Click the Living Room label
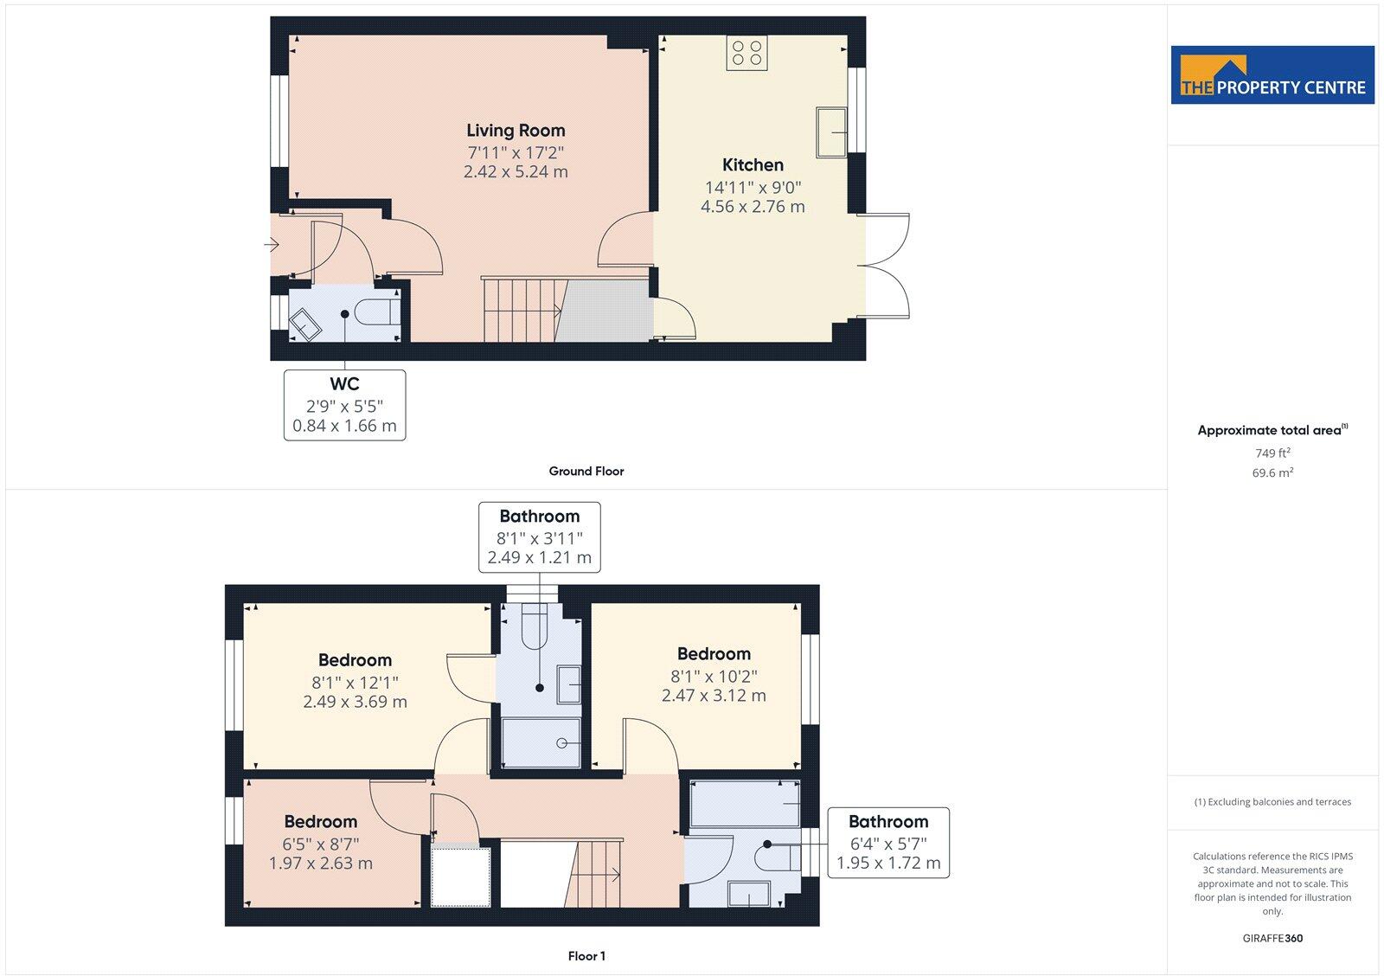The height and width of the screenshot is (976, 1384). coord(516,131)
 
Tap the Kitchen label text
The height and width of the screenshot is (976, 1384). coord(753,165)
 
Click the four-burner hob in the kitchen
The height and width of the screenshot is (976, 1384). coord(746,53)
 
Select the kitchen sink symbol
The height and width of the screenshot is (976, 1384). coord(831,132)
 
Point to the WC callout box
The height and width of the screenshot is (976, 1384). coord(344,405)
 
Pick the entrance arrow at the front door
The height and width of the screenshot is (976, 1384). coord(272,246)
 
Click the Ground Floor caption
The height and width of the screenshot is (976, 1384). coord(586,472)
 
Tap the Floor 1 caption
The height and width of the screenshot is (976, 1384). coord(586,956)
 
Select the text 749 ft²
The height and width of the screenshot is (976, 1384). coord(1272,453)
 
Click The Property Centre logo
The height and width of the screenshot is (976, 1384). coord(1272,75)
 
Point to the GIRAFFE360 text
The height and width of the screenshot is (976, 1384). coord(1272,938)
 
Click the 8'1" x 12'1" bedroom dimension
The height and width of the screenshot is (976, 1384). coord(355,682)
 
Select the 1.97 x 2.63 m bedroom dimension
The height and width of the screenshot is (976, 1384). coord(320,864)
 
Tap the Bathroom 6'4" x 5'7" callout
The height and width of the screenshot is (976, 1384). coord(887,843)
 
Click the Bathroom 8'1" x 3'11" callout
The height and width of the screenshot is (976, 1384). coord(539,537)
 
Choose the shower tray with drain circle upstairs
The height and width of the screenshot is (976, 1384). coord(541,742)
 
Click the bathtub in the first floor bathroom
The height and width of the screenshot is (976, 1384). coord(744,803)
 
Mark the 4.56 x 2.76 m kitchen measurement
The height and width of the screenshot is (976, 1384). coord(753,207)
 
